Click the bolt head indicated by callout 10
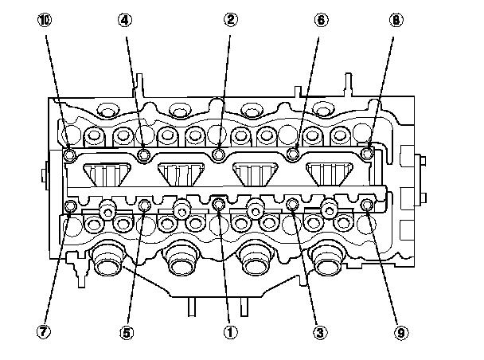pos(69,154)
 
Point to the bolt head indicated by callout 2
pos(220,154)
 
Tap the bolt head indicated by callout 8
pos(367,152)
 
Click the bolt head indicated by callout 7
pos(69,207)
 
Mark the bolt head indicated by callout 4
pos(144,154)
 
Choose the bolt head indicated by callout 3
pos(292,205)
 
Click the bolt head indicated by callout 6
pos(293,154)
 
